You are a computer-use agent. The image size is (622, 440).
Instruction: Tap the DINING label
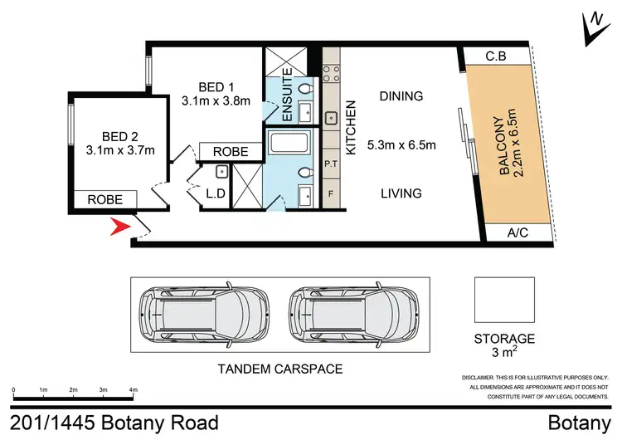[x=401, y=96]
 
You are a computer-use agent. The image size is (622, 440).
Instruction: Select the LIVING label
[x=401, y=193]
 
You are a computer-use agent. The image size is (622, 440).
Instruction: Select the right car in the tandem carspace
[x=348, y=316]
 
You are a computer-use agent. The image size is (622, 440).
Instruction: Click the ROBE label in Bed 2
[x=105, y=200]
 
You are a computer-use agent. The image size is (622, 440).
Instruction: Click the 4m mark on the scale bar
[x=133, y=389]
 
